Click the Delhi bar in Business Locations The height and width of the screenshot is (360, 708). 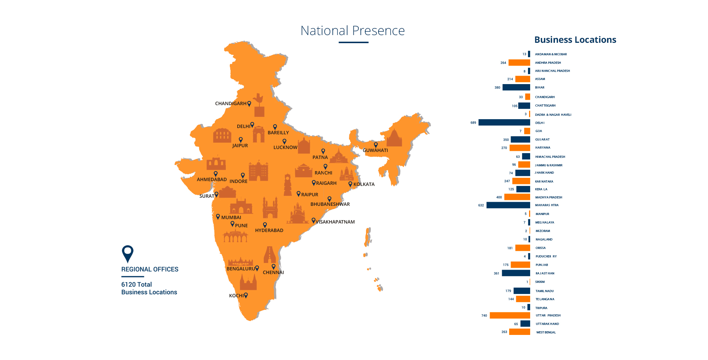click(504, 122)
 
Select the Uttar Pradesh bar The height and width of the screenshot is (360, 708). click(510, 315)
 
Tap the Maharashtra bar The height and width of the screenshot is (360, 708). click(508, 205)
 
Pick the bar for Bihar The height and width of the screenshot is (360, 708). click(516, 87)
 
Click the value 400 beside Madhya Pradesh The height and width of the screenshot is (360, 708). click(499, 197)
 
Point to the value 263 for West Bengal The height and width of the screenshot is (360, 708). click(504, 332)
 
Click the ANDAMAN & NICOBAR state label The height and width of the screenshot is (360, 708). click(551, 54)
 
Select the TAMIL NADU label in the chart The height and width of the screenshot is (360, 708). click(545, 291)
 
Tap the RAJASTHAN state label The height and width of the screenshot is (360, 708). click(545, 273)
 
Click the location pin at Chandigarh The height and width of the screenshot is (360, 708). click(249, 103)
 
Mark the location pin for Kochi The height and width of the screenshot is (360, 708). click(246, 295)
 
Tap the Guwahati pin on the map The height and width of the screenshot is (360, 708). click(376, 145)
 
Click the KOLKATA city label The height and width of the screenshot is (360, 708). click(364, 184)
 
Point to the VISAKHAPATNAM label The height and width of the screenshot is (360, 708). click(335, 222)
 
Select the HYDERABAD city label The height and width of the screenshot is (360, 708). click(269, 231)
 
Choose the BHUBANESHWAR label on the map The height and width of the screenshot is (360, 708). click(330, 204)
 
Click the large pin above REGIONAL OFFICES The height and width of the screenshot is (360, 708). click(127, 253)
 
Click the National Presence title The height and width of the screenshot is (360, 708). click(352, 31)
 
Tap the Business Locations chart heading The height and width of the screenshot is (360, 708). click(575, 40)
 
